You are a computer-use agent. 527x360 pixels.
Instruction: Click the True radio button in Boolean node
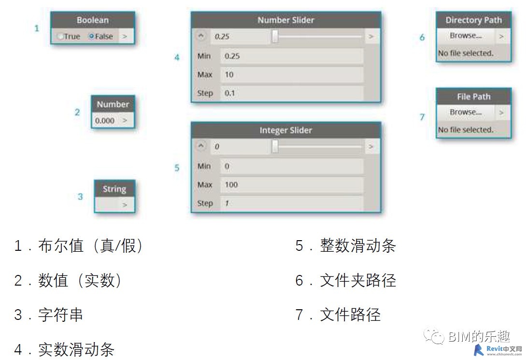[x=60, y=36]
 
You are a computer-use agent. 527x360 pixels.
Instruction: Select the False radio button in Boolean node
[x=91, y=36]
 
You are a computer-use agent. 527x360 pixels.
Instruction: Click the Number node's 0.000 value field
[x=105, y=120]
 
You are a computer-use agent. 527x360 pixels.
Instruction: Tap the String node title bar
[x=114, y=189]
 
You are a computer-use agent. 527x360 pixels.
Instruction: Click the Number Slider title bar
[x=285, y=20]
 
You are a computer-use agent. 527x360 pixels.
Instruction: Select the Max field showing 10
[x=291, y=74]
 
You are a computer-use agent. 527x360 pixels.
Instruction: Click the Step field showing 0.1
[x=291, y=93]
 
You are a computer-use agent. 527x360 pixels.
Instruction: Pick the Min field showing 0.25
[x=291, y=56]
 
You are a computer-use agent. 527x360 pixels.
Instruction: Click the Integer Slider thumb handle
[x=275, y=146]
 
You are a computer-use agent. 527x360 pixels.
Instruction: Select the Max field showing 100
[x=291, y=185]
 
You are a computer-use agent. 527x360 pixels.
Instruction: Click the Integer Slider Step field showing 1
[x=291, y=203]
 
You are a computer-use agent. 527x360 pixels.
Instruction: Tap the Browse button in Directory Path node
[x=466, y=36]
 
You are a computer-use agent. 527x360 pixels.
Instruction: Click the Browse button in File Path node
[x=466, y=112]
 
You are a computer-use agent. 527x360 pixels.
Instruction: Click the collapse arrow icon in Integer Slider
[x=202, y=146]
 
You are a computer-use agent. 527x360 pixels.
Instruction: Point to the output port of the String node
[x=125, y=205]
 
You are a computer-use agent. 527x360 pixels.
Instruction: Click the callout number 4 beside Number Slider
[x=177, y=58]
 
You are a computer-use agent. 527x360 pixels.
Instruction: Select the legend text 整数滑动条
[x=357, y=245]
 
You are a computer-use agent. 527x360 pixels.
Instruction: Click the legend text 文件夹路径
[x=357, y=280]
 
